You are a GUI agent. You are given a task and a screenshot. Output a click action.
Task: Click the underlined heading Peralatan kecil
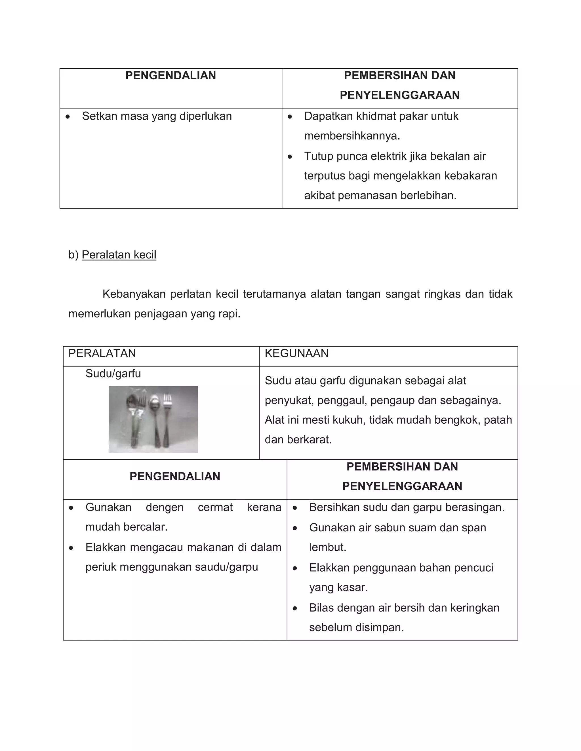[119, 255]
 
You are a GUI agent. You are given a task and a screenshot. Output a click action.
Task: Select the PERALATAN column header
[102, 353]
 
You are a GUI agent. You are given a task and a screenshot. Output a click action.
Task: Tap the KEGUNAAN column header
[296, 353]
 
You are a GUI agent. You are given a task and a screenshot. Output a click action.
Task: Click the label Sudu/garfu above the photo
[113, 374]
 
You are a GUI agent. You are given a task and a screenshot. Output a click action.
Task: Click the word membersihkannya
[352, 136]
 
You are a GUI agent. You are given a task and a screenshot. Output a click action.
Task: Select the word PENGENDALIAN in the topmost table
[170, 76]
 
